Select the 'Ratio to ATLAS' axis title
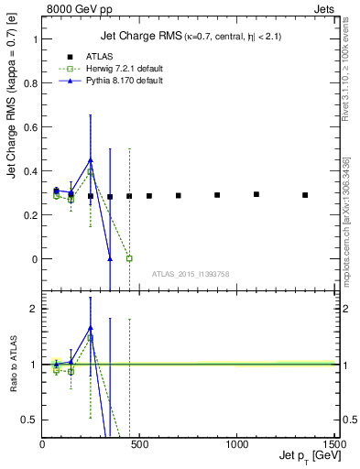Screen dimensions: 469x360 (x=13, y=364)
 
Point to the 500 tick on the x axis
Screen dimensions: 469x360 (x=139, y=442)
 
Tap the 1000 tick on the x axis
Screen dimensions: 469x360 (x=236, y=442)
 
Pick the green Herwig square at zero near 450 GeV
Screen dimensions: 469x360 (x=129, y=258)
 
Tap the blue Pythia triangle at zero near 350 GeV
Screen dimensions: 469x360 (x=110, y=258)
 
